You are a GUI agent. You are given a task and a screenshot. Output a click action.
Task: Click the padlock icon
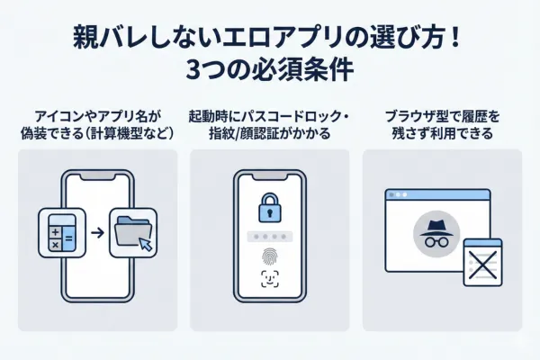270,206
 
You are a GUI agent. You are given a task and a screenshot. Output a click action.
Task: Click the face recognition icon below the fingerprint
270,280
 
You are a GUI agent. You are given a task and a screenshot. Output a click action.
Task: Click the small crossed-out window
481,262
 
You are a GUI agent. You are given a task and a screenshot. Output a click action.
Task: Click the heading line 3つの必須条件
270,69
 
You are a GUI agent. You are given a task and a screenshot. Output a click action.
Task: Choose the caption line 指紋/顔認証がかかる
270,133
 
